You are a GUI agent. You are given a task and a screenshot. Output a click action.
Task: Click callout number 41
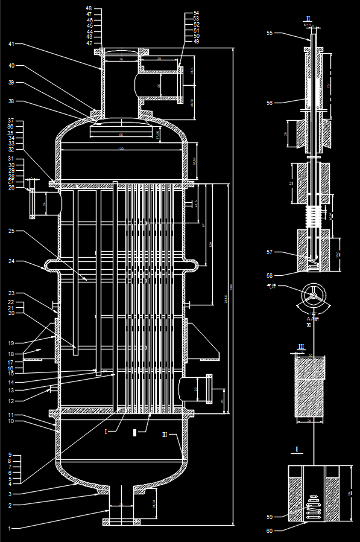click(x=11, y=44)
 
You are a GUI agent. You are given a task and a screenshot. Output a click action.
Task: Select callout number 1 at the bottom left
click(x=9, y=528)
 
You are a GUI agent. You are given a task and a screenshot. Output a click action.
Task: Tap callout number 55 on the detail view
click(x=270, y=34)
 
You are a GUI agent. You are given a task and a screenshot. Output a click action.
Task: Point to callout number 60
click(x=270, y=531)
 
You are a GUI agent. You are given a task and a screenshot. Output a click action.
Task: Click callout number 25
click(x=11, y=231)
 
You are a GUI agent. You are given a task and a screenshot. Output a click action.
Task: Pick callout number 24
click(x=11, y=261)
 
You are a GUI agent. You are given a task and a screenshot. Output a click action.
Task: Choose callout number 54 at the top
click(x=196, y=13)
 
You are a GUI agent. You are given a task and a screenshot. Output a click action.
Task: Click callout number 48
click(x=89, y=9)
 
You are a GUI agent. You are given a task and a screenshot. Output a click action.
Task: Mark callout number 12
click(x=11, y=401)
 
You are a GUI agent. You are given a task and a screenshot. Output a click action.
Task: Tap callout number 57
click(x=270, y=251)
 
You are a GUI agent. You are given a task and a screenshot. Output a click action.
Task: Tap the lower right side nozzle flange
click(x=209, y=389)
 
